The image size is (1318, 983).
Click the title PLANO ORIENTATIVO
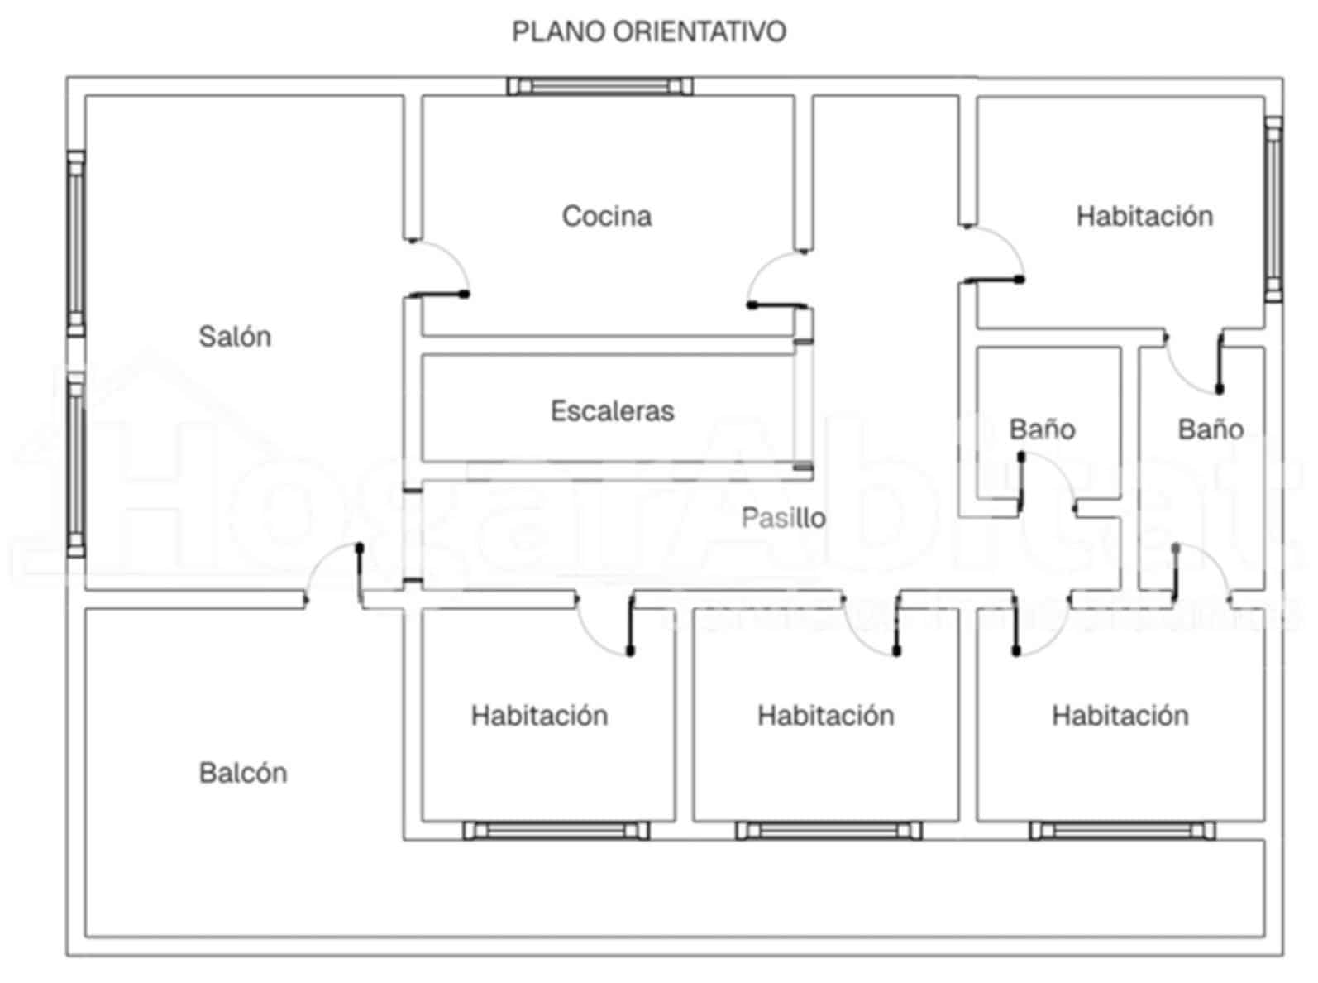(649, 31)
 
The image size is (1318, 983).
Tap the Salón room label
(235, 337)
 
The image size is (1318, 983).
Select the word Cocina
(607, 216)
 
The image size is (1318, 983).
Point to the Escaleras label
(613, 411)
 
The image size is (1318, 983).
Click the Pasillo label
(783, 518)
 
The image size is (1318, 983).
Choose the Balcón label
(243, 773)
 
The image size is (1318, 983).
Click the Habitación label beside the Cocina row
(1144, 216)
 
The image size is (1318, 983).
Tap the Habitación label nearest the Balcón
(539, 716)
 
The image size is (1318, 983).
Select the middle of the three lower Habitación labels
(826, 716)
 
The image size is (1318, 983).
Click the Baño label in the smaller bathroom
(1042, 429)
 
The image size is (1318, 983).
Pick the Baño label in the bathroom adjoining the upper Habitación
(1211, 429)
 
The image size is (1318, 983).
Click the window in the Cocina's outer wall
(599, 86)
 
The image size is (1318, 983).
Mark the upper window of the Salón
(76, 243)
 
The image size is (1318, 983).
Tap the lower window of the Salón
(76, 463)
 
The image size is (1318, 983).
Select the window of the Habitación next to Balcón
(556, 830)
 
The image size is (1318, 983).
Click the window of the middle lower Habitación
(829, 830)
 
